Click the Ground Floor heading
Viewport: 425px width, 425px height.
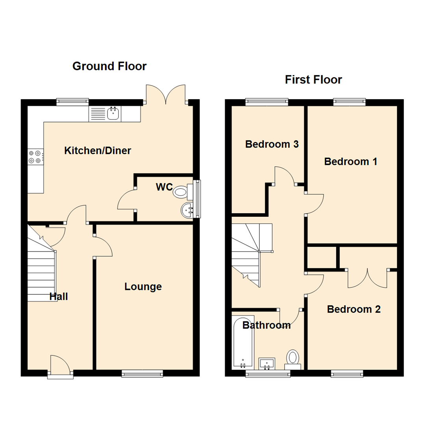coord(109,66)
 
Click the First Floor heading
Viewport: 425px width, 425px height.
coord(313,80)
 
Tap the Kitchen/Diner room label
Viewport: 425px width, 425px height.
coord(98,150)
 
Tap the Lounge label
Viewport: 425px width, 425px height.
coord(143,286)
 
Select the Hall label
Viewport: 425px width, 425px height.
coord(59,296)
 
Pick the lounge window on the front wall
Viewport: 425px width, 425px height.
coord(142,373)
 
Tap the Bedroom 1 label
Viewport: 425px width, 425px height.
coord(351,161)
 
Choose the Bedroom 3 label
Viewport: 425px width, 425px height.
coord(272,144)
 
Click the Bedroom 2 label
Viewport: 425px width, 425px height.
coord(354,309)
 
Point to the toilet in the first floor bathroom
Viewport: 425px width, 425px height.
coord(293,358)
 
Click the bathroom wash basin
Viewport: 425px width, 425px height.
coord(267,363)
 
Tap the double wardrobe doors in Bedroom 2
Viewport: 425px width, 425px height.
coord(368,278)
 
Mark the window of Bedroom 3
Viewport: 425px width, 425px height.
coord(267,102)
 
